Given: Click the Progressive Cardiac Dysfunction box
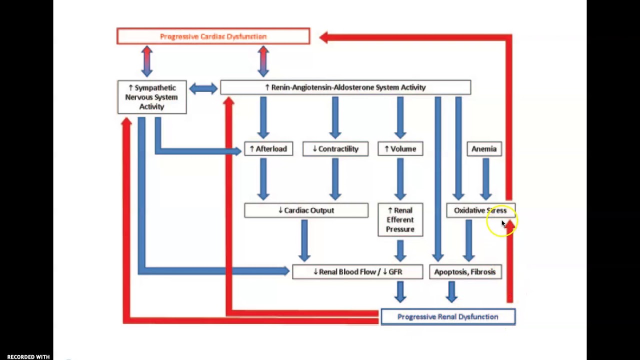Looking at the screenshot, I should pos(213,36).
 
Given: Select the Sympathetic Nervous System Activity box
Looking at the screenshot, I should pos(151,97).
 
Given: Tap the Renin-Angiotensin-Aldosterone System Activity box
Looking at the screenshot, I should pos(345,87).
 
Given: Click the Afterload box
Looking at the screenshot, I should pos(268,149).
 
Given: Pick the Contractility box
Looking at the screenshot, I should pos(335,149).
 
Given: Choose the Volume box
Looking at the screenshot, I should pos(400,149).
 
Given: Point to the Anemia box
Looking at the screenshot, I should pos(484,149).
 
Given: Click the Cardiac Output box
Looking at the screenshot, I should pos(306,210).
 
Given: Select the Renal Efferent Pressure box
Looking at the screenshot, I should pos(400,220).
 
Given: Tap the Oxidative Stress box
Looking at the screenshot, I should pos(479,210).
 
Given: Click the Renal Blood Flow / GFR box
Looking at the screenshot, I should pos(357,272).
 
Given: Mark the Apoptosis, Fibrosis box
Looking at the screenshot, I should pos(465,272).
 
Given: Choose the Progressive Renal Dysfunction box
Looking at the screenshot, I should pos(447,317).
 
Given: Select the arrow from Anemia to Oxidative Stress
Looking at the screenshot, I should pos(485,179).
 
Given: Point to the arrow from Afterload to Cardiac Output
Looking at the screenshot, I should pos(263,179).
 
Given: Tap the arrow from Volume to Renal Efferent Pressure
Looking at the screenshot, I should pos(400,179).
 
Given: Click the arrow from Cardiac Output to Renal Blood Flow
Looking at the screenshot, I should pos(304,240).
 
